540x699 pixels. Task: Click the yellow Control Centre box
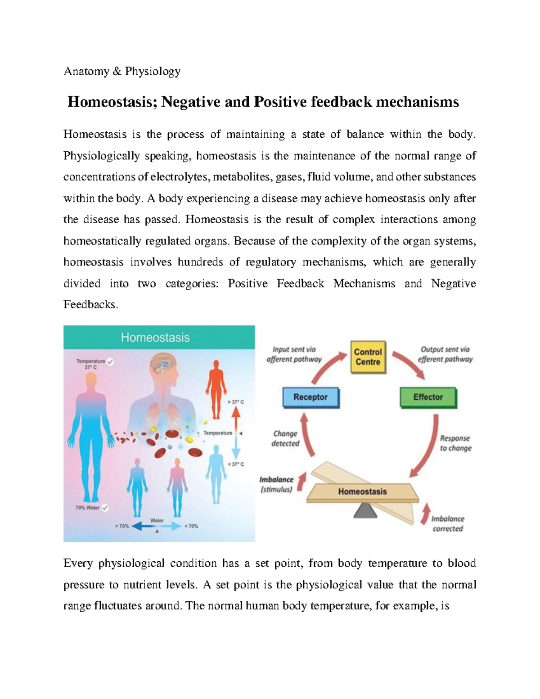tap(368, 357)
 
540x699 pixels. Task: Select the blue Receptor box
tap(310, 397)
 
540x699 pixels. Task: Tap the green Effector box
tap(428, 397)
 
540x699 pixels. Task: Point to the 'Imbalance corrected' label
tap(447, 524)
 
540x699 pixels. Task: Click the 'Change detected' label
tap(285, 438)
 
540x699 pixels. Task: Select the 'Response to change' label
tap(455, 443)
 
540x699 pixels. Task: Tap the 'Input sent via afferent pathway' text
tap(294, 354)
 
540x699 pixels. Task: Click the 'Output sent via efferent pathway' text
tap(445, 354)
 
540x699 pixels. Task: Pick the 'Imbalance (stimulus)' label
tap(276, 484)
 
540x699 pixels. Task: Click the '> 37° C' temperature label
tap(235, 402)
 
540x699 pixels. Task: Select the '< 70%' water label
tap(191, 526)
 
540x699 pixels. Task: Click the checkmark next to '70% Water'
tap(105, 508)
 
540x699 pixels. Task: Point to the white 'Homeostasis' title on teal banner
tap(155, 338)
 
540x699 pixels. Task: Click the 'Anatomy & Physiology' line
tap(122, 71)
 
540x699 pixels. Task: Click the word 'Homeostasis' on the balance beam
tap(362, 492)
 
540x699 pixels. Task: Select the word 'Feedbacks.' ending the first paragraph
tap(90, 305)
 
